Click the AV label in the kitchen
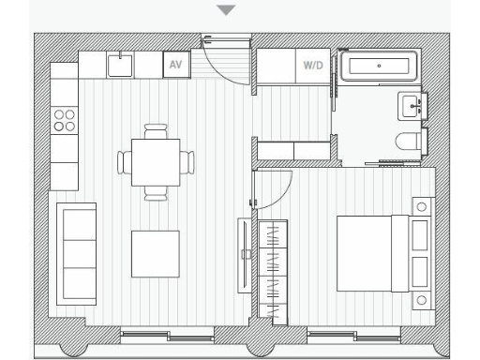coord(174,66)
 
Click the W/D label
coord(312,66)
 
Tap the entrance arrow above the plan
coord(226,11)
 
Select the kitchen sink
coord(120,65)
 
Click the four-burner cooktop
coord(65,118)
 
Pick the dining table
coord(156,162)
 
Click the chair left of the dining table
coord(125,162)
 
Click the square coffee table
coord(155,253)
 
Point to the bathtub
coord(378,67)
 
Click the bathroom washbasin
coord(412,105)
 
